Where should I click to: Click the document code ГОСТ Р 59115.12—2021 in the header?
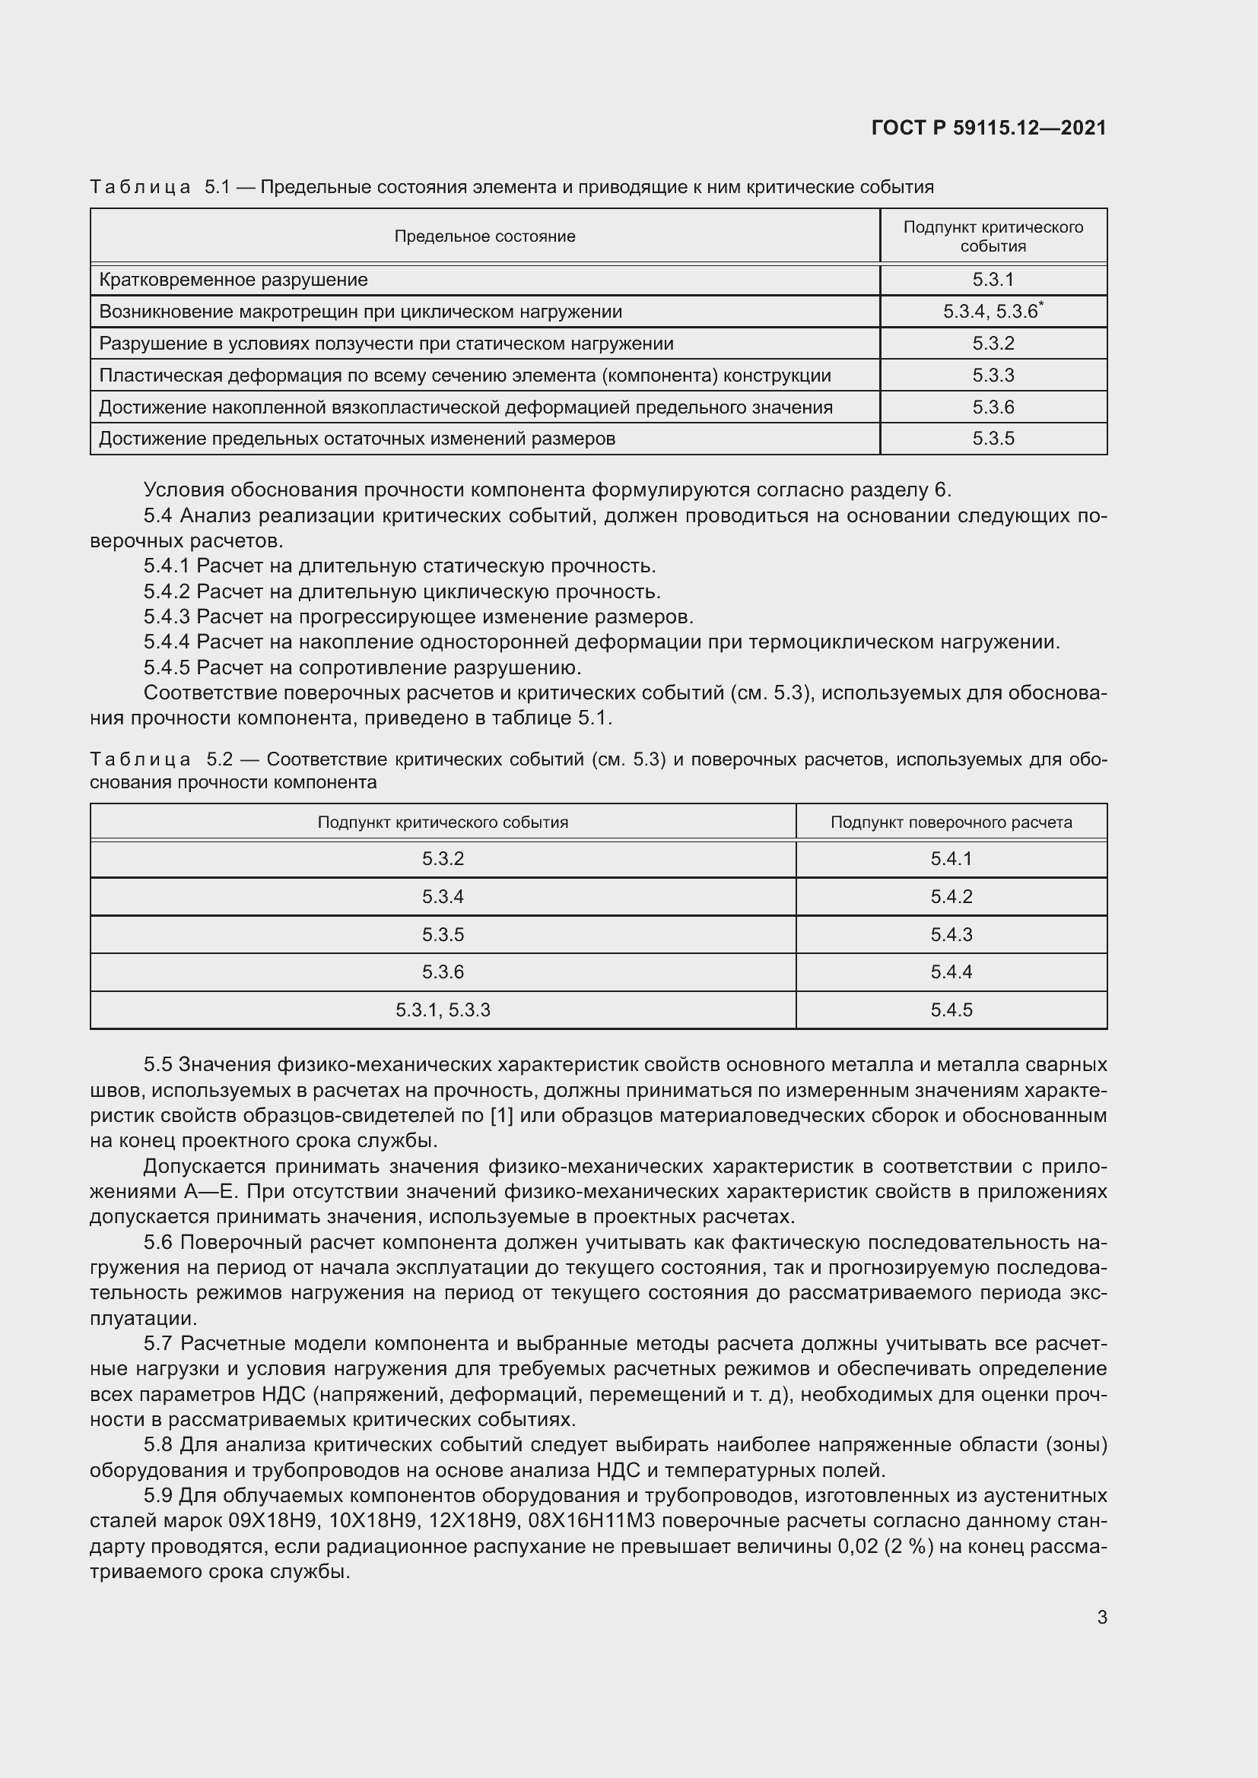(989, 128)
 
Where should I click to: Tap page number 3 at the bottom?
(1101, 1617)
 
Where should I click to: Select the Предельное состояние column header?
(484, 236)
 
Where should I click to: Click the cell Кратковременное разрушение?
(233, 280)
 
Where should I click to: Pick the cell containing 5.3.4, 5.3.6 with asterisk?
(993, 312)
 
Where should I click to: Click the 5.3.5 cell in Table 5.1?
(993, 439)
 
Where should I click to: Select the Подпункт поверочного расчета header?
(951, 822)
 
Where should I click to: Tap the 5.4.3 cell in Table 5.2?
(951, 935)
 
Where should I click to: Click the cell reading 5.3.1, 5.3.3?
(443, 1009)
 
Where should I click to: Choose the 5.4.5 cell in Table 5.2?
(951, 1009)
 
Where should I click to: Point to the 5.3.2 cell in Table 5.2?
(443, 859)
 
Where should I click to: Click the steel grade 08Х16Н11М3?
(591, 1520)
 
